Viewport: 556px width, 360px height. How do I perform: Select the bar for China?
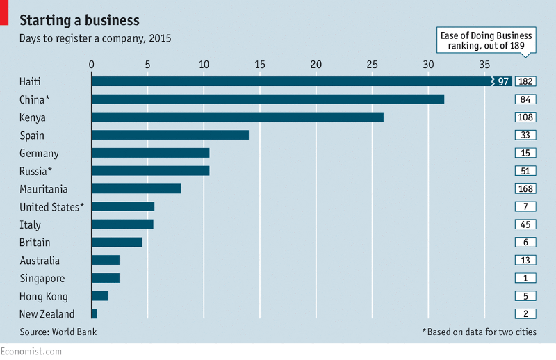click(268, 99)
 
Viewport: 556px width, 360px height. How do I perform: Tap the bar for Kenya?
click(237, 117)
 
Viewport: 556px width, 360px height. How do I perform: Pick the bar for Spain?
click(170, 135)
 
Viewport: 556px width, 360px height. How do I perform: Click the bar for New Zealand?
click(94, 314)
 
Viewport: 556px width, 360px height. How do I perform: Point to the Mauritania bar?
click(136, 188)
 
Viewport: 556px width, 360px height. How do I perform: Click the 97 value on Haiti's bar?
click(504, 82)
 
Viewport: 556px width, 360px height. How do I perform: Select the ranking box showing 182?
click(525, 82)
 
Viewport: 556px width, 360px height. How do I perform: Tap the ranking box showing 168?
click(525, 189)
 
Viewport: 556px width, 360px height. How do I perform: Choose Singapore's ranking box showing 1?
click(525, 278)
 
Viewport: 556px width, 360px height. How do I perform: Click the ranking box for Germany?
click(525, 153)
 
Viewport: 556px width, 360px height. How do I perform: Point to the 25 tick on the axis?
click(373, 65)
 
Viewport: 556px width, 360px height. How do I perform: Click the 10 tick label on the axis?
click(204, 65)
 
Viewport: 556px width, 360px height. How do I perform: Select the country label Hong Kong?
click(44, 297)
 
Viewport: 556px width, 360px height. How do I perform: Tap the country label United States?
click(52, 206)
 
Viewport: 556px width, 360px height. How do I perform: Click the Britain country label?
click(35, 243)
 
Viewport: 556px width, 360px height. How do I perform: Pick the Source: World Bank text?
click(58, 332)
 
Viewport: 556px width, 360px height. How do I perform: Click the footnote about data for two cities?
click(480, 332)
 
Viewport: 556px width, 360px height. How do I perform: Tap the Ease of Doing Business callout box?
click(486, 41)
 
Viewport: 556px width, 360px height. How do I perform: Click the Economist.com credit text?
click(31, 352)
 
